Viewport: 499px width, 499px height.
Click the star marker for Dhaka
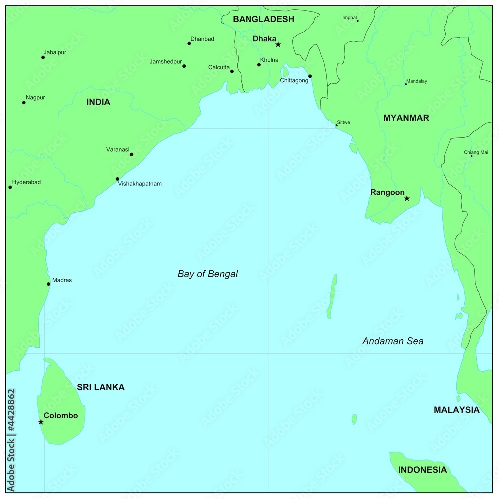click(x=278, y=45)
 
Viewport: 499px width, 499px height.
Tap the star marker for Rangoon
click(x=407, y=199)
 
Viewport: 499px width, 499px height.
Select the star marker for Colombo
click(x=41, y=422)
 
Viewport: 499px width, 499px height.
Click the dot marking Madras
click(x=48, y=284)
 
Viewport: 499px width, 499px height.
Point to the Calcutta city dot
click(x=232, y=71)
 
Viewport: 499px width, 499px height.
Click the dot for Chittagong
click(x=310, y=76)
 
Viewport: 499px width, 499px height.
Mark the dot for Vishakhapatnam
click(x=117, y=179)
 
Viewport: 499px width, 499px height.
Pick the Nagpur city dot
click(x=24, y=103)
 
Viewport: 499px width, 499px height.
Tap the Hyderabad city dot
click(x=10, y=187)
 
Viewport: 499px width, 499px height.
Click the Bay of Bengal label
click(x=208, y=274)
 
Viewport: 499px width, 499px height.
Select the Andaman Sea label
click(x=393, y=341)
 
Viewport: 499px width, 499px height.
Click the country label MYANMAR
click(x=406, y=118)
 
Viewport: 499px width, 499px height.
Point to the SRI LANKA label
click(x=101, y=387)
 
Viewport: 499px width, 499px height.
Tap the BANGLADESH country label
click(x=263, y=19)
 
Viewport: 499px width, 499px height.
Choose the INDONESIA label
click(x=422, y=470)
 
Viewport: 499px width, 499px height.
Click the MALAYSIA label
click(x=456, y=410)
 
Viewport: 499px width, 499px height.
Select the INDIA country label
click(x=98, y=102)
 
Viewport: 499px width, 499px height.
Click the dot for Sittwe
click(x=336, y=125)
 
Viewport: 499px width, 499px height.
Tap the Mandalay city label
click(x=417, y=81)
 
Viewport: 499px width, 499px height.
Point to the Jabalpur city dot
click(x=43, y=57)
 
